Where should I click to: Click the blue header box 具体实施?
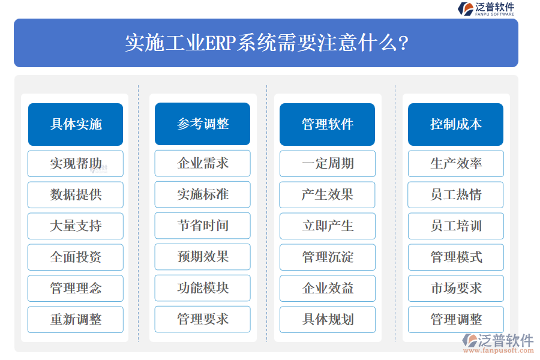(76, 124)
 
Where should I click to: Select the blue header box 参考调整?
(203, 124)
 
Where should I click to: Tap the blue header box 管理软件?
(327, 124)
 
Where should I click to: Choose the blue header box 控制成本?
(455, 124)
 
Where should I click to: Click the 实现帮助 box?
(76, 163)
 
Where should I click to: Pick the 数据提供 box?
(76, 194)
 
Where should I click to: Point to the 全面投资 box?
(76, 257)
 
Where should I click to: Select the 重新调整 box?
(76, 319)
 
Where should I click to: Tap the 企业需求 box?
(203, 163)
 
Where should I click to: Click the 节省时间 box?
(203, 226)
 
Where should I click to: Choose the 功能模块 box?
(203, 288)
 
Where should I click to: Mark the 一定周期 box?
(327, 163)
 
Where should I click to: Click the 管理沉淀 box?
(327, 257)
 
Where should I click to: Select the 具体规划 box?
(327, 319)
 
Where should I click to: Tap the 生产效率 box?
(455, 163)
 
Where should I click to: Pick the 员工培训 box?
(455, 226)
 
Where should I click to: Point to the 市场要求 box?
(455, 288)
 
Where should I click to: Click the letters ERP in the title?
(221, 43)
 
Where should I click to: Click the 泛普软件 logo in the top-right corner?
(486, 9)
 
